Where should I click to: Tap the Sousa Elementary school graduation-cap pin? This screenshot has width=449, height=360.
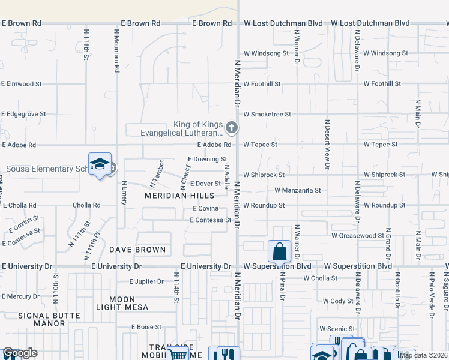[x=100, y=164]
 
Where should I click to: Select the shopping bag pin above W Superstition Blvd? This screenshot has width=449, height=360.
[x=280, y=251]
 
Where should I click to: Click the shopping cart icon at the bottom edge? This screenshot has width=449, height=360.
[x=178, y=355]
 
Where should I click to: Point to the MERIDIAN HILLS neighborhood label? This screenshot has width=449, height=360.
[x=179, y=196]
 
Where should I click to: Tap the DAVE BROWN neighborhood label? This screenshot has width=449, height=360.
[x=137, y=250]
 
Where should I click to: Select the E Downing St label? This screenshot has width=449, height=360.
[x=207, y=160]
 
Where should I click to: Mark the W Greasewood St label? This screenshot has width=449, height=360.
[x=358, y=236]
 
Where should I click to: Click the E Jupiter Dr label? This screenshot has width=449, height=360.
[x=147, y=281]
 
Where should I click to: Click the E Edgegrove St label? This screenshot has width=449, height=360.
[x=24, y=114]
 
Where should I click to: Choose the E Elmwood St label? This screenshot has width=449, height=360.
[x=22, y=85]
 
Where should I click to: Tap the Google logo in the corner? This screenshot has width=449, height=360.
[x=19, y=353]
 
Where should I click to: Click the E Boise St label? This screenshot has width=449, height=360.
[x=146, y=327]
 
